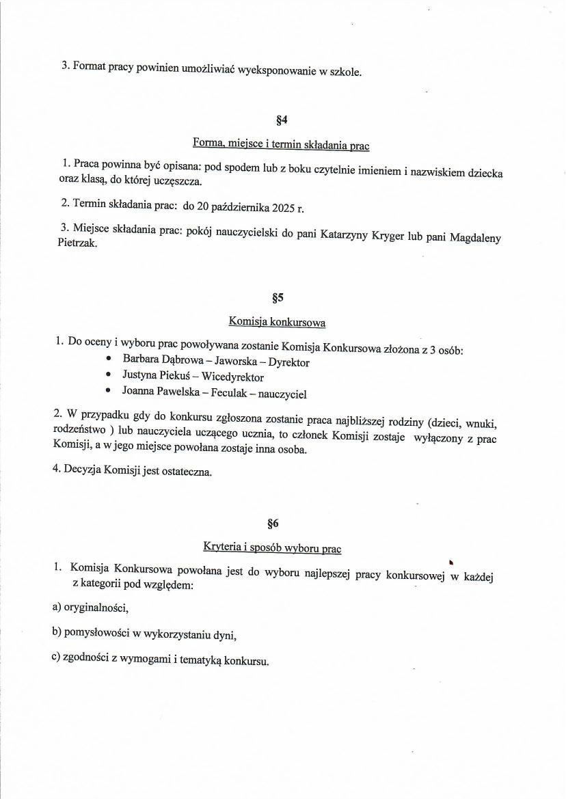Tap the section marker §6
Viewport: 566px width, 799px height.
click(273, 524)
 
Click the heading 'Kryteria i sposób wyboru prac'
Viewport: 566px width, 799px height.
click(272, 547)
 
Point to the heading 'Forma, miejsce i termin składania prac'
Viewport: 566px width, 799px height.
click(281, 145)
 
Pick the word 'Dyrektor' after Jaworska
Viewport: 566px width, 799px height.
click(289, 363)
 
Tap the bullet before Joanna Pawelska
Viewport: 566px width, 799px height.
click(109, 390)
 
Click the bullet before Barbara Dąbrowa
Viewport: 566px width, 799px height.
click(109, 358)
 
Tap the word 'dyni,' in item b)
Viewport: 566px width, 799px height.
click(225, 636)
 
